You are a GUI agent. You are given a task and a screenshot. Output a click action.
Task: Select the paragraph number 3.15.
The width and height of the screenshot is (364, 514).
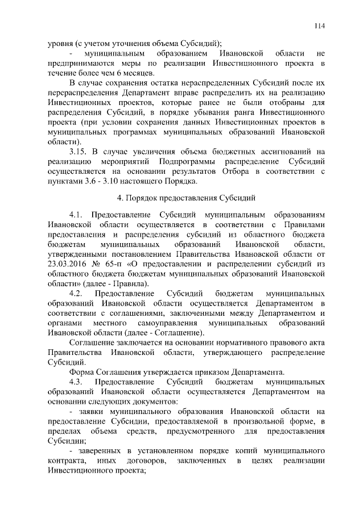78,152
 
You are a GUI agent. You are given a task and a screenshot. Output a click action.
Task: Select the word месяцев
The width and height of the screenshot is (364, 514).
134,73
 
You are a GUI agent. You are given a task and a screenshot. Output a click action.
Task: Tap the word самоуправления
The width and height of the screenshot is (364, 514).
161,323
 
